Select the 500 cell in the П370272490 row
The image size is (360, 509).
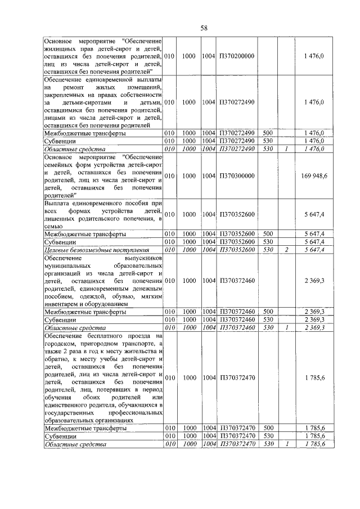coord(268,133)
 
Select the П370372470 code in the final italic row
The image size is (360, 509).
coord(236,444)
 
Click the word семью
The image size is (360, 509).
coord(54,226)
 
